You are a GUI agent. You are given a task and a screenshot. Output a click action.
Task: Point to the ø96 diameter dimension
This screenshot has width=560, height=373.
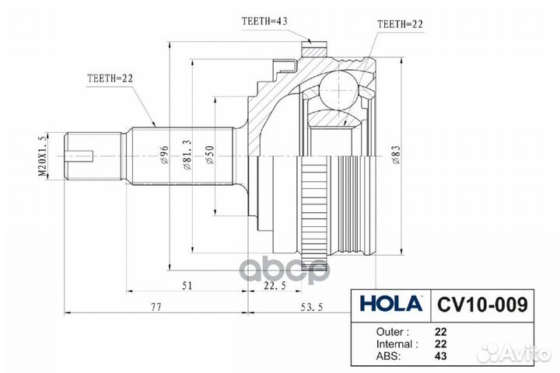click(x=165, y=155)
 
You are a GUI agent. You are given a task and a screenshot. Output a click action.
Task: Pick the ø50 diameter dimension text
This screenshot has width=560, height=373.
click(x=210, y=155)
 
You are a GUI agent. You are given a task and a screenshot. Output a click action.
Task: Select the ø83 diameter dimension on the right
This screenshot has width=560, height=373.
click(x=395, y=155)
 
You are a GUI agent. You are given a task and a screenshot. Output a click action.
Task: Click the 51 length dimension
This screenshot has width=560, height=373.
click(x=187, y=286)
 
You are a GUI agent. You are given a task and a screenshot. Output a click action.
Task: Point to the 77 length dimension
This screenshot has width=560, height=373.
click(x=156, y=309)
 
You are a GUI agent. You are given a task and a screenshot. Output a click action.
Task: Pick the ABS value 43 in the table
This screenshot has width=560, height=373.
click(x=441, y=357)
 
